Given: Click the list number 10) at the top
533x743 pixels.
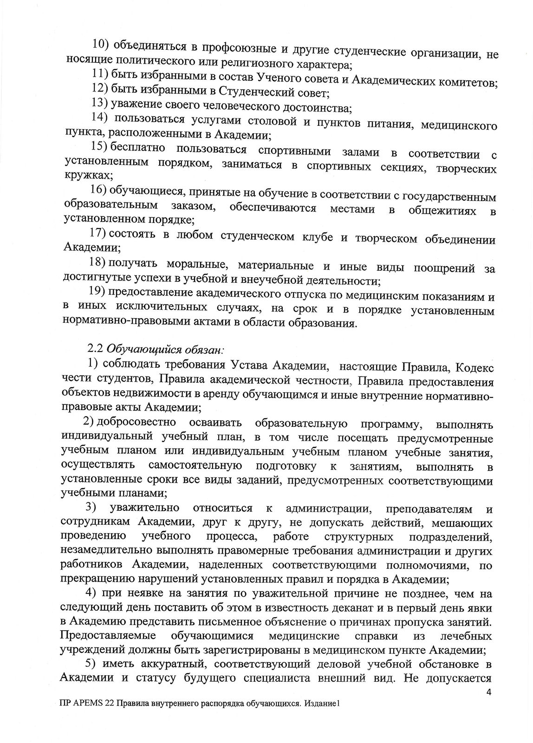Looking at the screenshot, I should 101,44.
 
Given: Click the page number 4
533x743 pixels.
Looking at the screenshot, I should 488,692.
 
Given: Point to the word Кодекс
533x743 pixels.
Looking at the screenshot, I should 474,367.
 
